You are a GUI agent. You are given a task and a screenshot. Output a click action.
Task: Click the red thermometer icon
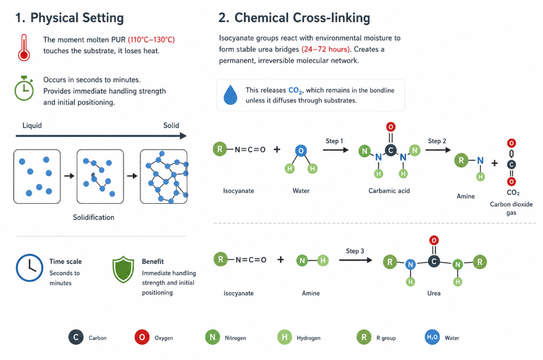point(24,48)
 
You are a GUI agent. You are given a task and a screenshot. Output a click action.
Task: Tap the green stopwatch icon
point(24,88)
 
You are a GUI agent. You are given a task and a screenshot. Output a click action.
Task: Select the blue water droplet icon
point(230,95)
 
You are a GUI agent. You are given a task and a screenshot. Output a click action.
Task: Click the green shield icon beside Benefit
point(123,269)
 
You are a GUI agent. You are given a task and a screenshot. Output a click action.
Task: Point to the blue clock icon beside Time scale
point(29,268)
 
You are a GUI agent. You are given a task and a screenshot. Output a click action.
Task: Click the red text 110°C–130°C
point(151,40)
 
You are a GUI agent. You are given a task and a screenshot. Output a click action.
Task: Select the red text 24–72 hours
point(326,49)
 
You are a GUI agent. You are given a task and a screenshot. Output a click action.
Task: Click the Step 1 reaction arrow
point(336,150)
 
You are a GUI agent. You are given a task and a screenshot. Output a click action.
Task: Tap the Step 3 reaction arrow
point(356,260)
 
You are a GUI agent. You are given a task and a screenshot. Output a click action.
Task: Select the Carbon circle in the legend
point(76,337)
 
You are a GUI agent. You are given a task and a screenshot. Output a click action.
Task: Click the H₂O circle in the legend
point(432,337)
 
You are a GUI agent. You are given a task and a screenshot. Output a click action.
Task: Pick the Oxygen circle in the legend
point(142,337)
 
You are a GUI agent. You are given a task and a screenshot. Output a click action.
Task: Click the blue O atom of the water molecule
point(301,151)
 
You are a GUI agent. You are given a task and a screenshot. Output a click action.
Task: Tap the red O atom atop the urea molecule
point(434,240)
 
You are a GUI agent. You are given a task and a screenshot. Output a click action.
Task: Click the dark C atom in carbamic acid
point(391,150)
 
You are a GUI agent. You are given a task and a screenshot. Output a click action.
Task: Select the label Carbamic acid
point(389,191)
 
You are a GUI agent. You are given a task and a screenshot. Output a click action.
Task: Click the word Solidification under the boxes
point(93,217)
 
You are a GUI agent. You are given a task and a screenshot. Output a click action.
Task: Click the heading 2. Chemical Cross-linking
point(294,18)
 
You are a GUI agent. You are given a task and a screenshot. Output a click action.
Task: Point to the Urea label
point(434,293)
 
